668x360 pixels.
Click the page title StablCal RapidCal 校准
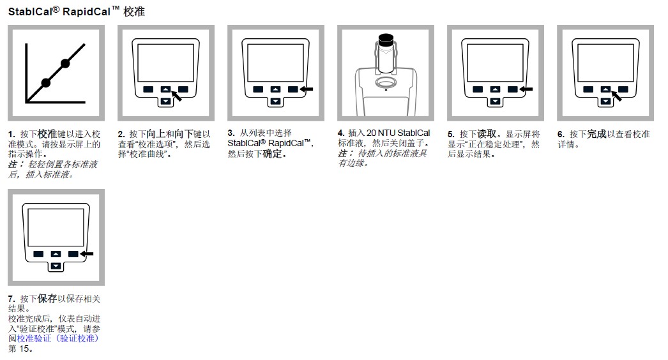76,11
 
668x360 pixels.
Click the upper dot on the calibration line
65,63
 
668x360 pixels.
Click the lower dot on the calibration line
45,82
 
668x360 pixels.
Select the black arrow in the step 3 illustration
308,89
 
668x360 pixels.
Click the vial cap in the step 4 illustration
385,38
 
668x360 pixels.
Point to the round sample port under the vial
386,83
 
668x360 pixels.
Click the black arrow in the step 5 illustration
528,89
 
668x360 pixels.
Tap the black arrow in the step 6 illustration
616,96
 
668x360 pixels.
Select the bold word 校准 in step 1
47,134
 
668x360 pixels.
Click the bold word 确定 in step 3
275,154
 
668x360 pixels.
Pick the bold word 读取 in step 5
487,135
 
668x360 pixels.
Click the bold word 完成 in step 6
596,135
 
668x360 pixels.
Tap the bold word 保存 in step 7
47,299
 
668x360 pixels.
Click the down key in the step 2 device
165,101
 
